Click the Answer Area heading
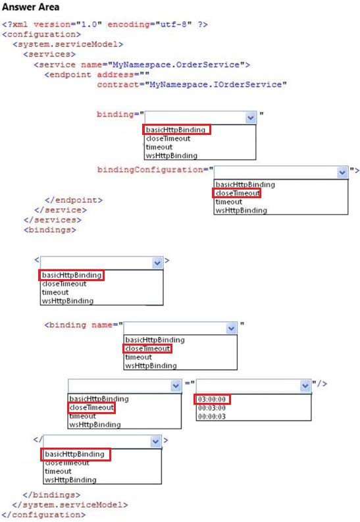(31, 7)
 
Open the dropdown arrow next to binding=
(251, 118)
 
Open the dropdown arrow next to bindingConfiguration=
(342, 172)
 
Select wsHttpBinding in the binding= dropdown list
(172, 155)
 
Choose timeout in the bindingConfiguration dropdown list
(229, 201)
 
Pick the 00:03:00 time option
(212, 408)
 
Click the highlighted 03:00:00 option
(212, 399)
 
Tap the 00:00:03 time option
(212, 417)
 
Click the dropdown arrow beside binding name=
(231, 328)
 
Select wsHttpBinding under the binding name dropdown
(151, 365)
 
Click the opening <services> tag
(49, 54)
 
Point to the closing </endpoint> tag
(74, 200)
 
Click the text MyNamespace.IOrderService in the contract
(216, 84)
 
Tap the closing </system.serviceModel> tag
(70, 505)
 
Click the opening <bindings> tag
(49, 230)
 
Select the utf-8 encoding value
(173, 24)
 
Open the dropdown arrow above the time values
(305, 386)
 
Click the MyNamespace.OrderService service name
(176, 65)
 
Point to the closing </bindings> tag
(51, 495)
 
